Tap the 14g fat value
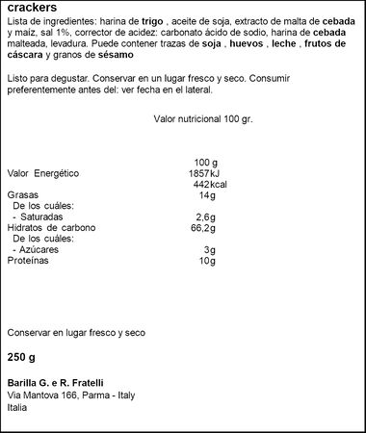(207, 195)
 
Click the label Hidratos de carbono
(52, 228)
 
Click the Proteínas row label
(28, 261)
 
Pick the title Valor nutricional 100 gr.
(201, 120)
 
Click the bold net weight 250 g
(21, 357)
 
